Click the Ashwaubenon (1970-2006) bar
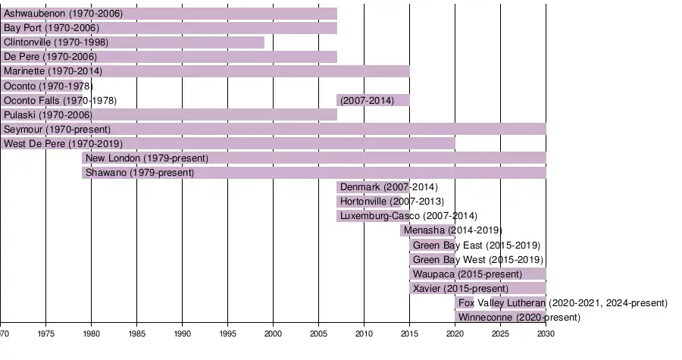pyautogui.click(x=168, y=14)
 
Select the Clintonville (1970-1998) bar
pyautogui.click(x=133, y=42)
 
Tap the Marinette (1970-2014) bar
pyautogui.click(x=205, y=71)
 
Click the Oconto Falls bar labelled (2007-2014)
pyautogui.click(x=373, y=100)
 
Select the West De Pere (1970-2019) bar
pyautogui.click(x=227, y=143)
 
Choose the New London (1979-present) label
pyautogui.click(x=147, y=158)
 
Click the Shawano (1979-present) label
pyautogui.click(x=140, y=173)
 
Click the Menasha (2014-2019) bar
pyautogui.click(x=427, y=230)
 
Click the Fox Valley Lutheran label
pyautogui.click(x=563, y=303)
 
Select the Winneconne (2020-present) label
pyautogui.click(x=520, y=318)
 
